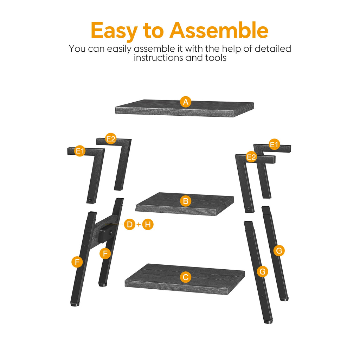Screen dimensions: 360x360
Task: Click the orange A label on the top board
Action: (x=186, y=102)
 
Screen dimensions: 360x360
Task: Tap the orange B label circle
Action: (x=186, y=201)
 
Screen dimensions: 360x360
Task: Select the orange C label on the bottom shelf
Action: (x=186, y=277)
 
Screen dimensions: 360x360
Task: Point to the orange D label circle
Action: (x=130, y=224)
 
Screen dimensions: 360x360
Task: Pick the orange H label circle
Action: (x=148, y=224)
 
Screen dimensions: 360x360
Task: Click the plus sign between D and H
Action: (x=139, y=224)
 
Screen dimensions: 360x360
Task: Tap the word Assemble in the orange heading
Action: (x=219, y=30)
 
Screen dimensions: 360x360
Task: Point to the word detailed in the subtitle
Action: (x=273, y=49)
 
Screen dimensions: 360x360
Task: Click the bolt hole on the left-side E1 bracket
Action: (x=90, y=200)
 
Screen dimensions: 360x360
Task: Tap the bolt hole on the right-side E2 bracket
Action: (x=249, y=209)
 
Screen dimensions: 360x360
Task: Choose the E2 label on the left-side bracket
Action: (x=111, y=139)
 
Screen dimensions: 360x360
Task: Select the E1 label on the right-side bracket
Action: (x=274, y=144)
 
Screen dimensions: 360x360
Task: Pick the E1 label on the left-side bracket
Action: (x=80, y=151)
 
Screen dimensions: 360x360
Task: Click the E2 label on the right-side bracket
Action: (x=251, y=157)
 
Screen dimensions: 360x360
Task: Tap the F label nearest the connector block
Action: (x=105, y=253)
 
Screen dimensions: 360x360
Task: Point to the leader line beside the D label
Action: (x=114, y=224)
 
